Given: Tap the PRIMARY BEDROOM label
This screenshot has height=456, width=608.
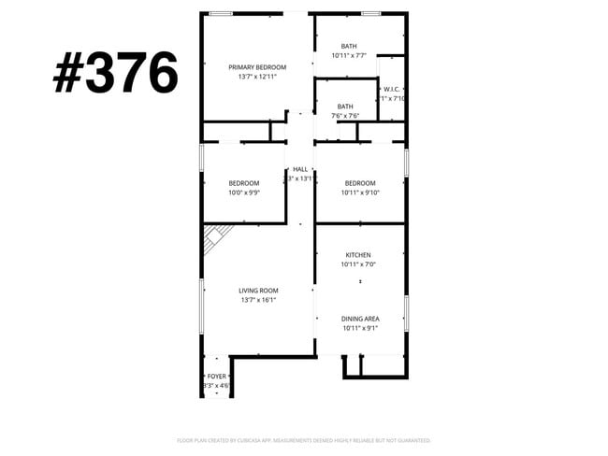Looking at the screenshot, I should (257, 67).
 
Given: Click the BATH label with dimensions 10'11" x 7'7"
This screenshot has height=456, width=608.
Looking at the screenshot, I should (348, 46).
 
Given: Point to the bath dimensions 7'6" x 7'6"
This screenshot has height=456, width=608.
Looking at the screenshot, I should (345, 116).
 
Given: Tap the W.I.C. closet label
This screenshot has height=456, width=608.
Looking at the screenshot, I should (391, 89).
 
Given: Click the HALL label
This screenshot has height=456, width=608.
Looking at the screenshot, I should (300, 169).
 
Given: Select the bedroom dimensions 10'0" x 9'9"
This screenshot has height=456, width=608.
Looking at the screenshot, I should (243, 192).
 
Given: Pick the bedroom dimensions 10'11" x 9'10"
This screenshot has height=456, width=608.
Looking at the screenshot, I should (359, 192).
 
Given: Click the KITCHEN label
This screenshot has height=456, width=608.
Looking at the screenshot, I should (358, 255).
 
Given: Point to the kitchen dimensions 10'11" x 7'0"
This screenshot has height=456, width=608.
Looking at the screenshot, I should (358, 265).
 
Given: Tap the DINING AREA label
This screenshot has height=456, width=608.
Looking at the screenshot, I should (360, 319).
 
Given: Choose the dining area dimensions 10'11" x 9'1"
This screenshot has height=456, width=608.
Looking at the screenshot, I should (360, 329).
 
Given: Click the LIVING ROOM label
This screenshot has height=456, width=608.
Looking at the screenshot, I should (258, 291).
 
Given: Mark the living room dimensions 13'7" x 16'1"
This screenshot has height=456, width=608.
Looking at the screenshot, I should (258, 301).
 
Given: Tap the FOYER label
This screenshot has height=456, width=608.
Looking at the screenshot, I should (216, 376).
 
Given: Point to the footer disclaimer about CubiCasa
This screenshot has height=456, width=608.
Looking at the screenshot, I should (304, 440).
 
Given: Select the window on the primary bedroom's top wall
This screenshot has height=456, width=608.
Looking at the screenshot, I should (221, 13).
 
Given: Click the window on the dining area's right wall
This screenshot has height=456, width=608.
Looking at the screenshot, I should (406, 312).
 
